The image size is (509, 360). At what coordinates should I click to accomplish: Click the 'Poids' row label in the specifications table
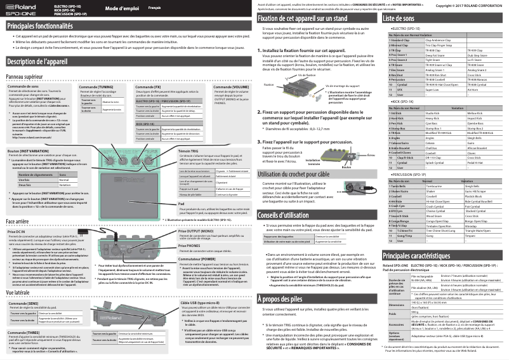(390, 313)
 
